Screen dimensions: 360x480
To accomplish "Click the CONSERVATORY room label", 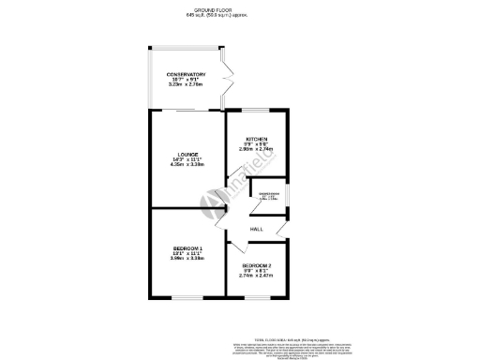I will pos(186,74).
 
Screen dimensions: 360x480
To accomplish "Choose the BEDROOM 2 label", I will pos(256,265).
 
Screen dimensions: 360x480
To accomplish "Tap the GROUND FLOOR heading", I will pos(240,8).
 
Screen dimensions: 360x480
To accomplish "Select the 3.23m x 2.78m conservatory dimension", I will pos(186,85).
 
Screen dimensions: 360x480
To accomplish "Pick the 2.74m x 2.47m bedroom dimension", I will pos(256,277).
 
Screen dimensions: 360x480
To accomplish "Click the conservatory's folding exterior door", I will pos(226,80).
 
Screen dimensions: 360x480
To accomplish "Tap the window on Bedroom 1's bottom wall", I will pos(186,298).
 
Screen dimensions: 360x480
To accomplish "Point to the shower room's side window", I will pos(288,196).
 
